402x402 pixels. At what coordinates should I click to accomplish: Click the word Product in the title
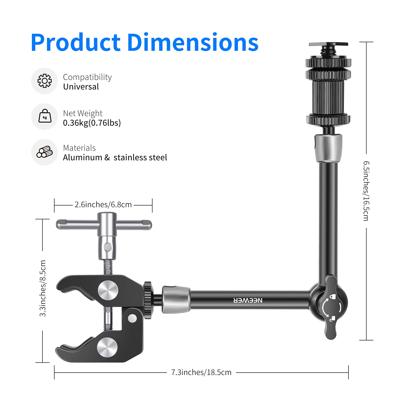[75, 43]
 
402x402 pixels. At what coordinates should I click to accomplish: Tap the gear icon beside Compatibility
[44, 81]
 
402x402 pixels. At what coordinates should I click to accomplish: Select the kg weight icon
[45, 116]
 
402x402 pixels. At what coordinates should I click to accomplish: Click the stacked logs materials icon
[44, 152]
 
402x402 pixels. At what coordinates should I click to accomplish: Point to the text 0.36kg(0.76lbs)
[92, 123]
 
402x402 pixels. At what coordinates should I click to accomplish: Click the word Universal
[81, 87]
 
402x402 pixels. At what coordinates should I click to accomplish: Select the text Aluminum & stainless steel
[115, 158]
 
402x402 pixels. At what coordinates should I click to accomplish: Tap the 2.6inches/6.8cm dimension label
[103, 205]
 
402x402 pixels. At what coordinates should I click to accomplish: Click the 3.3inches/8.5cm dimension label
[43, 288]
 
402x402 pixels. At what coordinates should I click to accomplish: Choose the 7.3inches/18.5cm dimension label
[201, 372]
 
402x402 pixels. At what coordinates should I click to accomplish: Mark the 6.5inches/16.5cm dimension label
[366, 191]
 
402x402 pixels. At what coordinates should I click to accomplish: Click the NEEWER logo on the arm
[248, 300]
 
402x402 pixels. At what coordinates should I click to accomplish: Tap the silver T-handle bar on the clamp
[75, 224]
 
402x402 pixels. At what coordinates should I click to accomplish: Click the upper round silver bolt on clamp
[108, 291]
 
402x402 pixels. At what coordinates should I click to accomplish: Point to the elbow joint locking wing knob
[331, 307]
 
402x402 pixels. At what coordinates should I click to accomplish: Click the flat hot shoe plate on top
[328, 44]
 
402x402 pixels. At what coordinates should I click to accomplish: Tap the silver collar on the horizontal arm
[176, 299]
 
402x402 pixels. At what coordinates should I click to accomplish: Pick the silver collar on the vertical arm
[328, 148]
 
